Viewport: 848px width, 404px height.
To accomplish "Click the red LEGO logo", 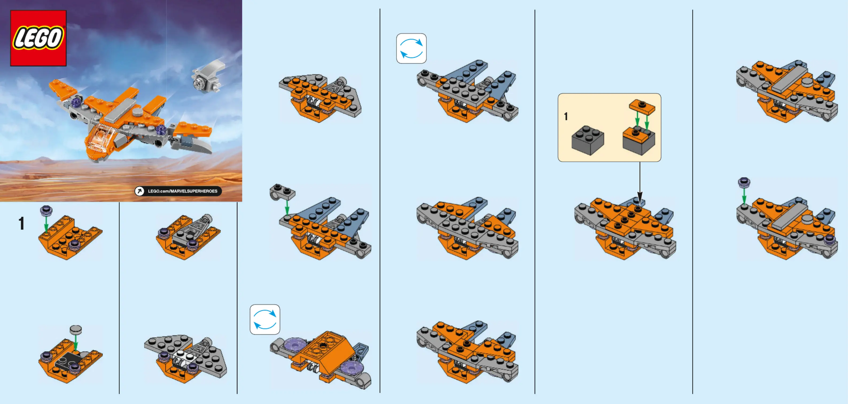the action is pyautogui.click(x=38, y=38).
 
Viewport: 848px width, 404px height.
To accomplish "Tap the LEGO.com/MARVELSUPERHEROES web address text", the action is pyautogui.click(x=183, y=191).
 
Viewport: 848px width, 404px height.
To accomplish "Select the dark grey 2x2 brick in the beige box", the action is pyautogui.click(x=588, y=140).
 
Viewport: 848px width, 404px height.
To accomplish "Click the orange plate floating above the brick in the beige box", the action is pyautogui.click(x=642, y=107).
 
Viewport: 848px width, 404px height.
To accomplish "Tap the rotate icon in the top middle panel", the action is pyautogui.click(x=411, y=48).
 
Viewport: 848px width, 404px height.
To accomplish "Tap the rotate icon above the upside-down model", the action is pyautogui.click(x=265, y=319).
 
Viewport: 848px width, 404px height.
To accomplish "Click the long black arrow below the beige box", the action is pyautogui.click(x=640, y=183).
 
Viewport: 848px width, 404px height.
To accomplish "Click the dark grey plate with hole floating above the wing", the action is pyautogui.click(x=282, y=192).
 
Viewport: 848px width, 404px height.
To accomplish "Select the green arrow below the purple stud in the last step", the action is pyautogui.click(x=744, y=196).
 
